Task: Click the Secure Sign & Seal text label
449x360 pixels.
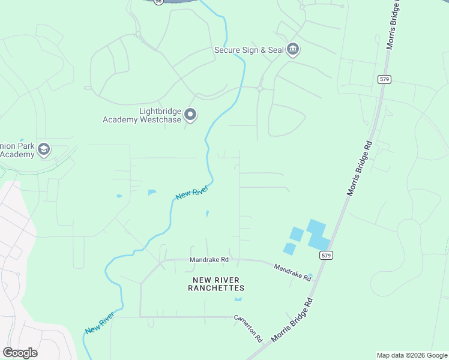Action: click(x=249, y=50)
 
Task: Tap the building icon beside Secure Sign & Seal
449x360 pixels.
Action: click(x=292, y=49)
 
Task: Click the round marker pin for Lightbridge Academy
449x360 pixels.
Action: click(x=190, y=114)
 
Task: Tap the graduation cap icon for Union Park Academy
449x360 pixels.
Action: click(x=43, y=149)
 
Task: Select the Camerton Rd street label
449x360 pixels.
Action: click(x=249, y=328)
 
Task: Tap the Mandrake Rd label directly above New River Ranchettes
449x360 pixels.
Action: click(x=209, y=260)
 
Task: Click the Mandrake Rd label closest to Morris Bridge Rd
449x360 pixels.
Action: click(x=293, y=273)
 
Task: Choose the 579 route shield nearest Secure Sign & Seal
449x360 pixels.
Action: click(x=385, y=79)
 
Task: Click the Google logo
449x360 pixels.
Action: click(x=20, y=353)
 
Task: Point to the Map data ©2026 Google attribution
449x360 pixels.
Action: click(x=412, y=355)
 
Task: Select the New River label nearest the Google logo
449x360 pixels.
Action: click(x=100, y=323)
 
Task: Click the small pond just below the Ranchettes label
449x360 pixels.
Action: click(x=238, y=299)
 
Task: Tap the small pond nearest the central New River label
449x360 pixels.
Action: click(x=207, y=213)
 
